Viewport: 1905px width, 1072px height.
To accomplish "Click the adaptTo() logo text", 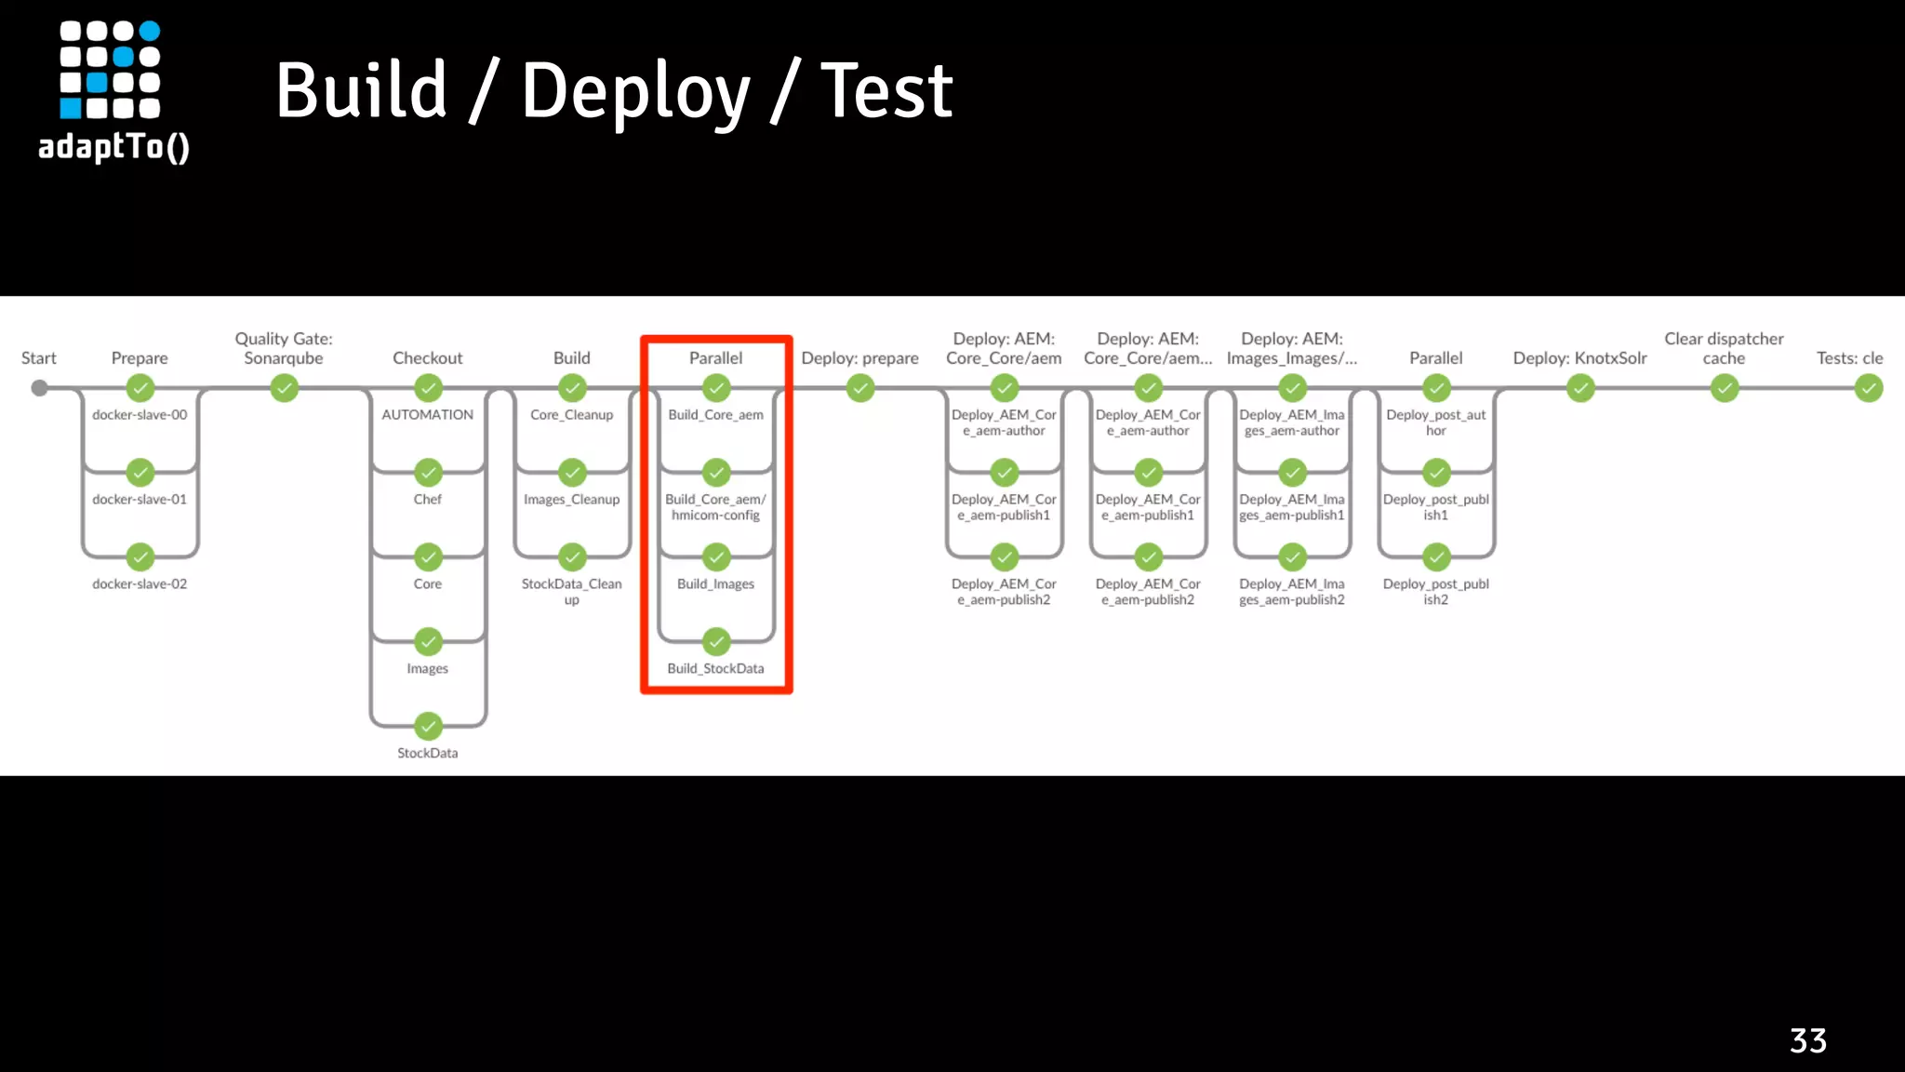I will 113,147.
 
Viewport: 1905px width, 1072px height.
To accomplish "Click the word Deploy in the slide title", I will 634,91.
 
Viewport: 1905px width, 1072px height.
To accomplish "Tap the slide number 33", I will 1807,1040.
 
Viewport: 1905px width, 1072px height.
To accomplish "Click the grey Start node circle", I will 39,388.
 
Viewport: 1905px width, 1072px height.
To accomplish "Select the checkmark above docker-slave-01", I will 140,473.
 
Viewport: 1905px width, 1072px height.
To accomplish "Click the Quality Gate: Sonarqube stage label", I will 284,348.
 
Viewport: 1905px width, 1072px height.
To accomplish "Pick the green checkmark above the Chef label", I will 428,473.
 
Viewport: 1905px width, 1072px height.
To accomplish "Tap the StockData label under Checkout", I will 427,753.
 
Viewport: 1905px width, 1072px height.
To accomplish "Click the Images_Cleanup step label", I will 571,500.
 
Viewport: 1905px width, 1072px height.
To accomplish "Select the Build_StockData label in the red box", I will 715,668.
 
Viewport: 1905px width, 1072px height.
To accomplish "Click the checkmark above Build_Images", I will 716,557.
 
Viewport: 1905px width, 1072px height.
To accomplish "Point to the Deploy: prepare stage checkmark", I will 860,388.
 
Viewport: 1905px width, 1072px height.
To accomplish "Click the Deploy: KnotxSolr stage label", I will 1579,358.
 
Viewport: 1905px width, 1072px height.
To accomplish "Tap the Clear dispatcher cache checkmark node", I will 1725,388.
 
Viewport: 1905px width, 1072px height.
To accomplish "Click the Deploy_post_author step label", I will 1435,422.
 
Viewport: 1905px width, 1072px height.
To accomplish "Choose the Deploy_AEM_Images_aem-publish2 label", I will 1291,592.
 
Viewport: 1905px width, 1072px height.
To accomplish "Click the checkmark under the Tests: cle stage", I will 1868,388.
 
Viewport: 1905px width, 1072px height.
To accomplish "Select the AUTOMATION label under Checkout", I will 427,415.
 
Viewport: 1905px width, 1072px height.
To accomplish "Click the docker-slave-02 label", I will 140,584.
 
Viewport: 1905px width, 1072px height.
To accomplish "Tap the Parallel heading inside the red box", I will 715,358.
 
